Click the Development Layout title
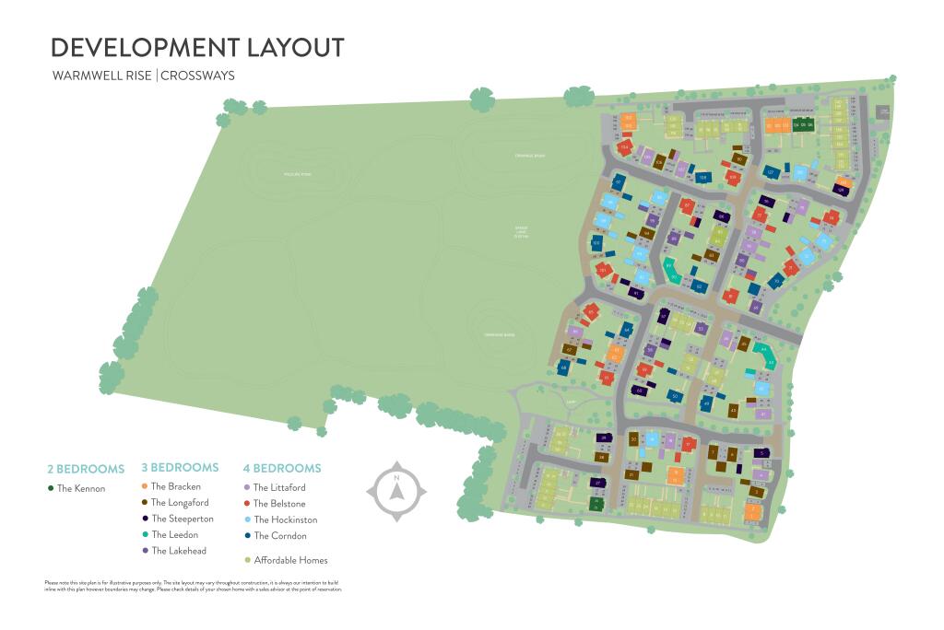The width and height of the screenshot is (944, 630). [197, 48]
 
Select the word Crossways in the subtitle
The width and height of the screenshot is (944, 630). [197, 76]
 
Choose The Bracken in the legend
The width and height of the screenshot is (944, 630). [175, 486]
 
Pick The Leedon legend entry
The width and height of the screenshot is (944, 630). [174, 534]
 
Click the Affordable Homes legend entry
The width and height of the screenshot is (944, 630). [290, 560]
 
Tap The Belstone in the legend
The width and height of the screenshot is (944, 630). [279, 504]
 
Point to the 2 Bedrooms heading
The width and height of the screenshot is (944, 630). [86, 468]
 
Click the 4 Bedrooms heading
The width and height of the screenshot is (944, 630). [282, 468]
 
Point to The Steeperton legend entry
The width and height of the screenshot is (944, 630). [182, 519]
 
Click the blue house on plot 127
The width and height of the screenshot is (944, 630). [770, 172]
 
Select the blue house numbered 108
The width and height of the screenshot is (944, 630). [702, 178]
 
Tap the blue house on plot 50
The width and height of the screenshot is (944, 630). [676, 397]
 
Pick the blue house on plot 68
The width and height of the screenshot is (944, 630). [563, 367]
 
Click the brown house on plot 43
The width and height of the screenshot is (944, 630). [733, 410]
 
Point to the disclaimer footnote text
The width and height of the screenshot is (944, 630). [194, 586]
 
